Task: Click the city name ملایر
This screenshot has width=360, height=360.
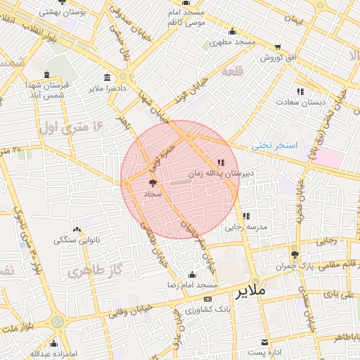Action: pos(251,290)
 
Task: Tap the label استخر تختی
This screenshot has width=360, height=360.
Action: pos(276,146)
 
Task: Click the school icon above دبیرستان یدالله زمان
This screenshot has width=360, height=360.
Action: pos(221,162)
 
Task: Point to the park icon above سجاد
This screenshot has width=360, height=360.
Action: pos(153,182)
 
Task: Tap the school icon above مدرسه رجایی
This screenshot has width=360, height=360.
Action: pos(246,216)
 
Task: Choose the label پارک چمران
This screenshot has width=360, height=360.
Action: pos(314,267)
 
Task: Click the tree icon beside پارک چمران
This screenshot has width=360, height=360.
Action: pos(294,255)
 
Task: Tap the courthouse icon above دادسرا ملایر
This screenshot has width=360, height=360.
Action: pos(107,78)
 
